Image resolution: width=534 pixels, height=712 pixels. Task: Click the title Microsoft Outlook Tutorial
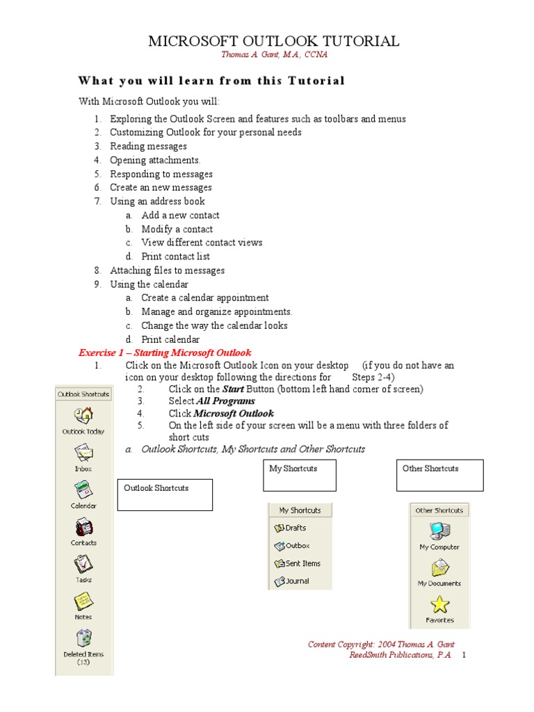[x=274, y=41]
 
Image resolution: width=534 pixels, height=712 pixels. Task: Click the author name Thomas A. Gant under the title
[x=274, y=55]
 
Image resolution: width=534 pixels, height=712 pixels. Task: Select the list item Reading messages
[x=148, y=146]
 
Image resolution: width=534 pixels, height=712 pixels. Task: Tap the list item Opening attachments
[x=155, y=160]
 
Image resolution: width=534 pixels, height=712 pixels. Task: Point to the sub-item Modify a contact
[x=177, y=229]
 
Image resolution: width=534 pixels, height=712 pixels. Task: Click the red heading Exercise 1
[x=165, y=353]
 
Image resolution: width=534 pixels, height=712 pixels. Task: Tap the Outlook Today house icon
[x=83, y=415]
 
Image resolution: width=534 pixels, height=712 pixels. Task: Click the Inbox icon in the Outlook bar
[x=83, y=453]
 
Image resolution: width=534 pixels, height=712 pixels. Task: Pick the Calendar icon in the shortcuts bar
[x=83, y=490]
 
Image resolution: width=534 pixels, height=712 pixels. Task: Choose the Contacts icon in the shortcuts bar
[x=83, y=527]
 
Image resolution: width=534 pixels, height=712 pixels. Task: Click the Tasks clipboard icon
[x=83, y=564]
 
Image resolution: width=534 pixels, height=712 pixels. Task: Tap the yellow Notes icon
[x=83, y=601]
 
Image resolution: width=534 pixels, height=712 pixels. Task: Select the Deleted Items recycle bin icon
[x=83, y=638]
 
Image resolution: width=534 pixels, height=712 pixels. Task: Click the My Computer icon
[x=439, y=532]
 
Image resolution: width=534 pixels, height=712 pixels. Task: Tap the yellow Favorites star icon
[x=439, y=605]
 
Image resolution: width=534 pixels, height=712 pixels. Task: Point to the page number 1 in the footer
[x=464, y=655]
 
